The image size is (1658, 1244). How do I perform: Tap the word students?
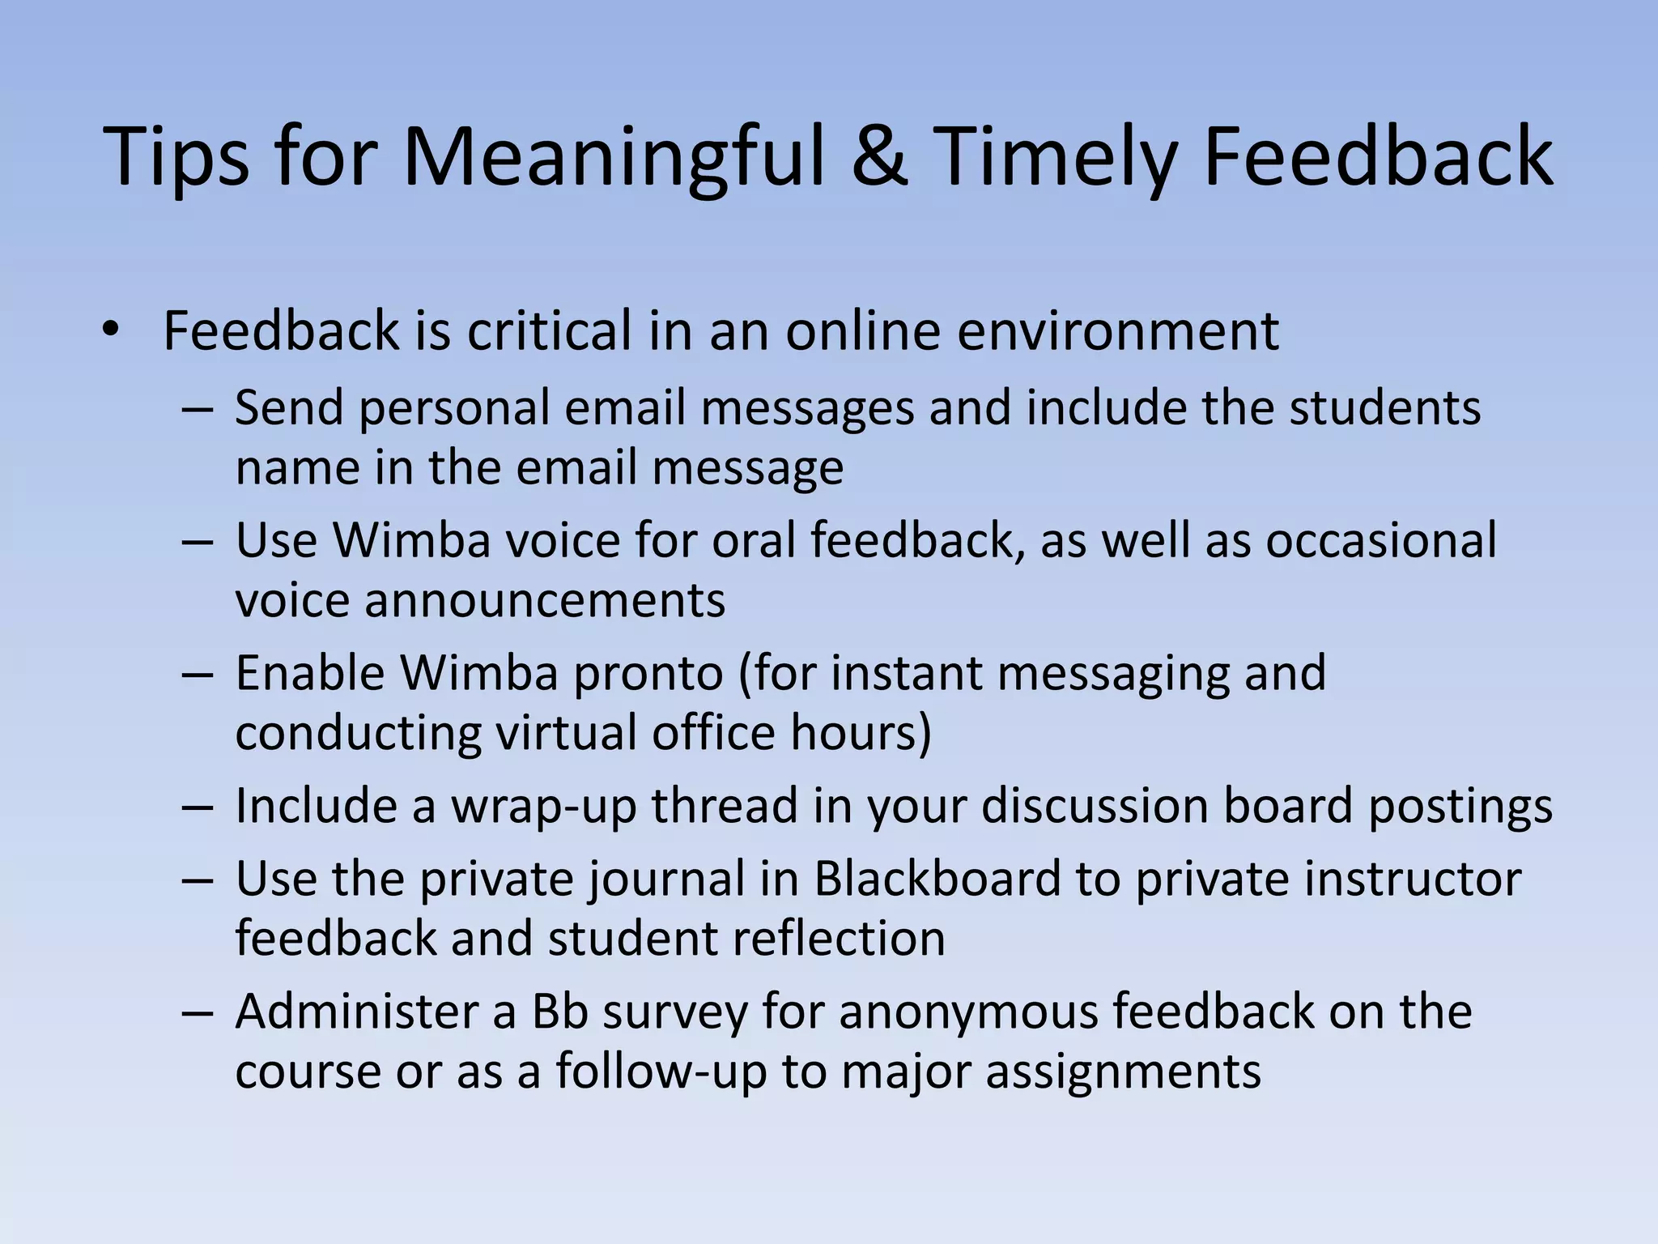point(1385,407)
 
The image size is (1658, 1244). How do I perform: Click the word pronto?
point(648,672)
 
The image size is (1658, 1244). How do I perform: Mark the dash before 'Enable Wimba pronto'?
point(197,674)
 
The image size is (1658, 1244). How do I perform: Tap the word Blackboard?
point(937,879)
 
